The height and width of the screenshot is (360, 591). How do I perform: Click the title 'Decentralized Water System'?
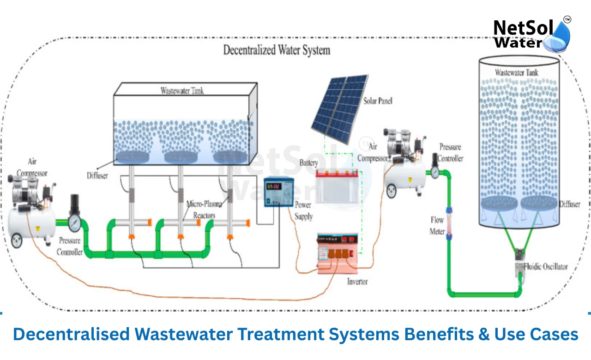(x=277, y=50)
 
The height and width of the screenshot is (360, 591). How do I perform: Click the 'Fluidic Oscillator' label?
(x=545, y=266)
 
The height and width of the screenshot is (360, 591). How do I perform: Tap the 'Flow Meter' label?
(x=437, y=226)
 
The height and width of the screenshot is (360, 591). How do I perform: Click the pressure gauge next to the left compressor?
(x=74, y=223)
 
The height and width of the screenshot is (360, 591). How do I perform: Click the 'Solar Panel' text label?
(x=378, y=100)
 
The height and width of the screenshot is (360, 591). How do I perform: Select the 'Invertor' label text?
(x=357, y=282)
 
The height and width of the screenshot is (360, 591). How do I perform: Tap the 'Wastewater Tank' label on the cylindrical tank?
(x=516, y=72)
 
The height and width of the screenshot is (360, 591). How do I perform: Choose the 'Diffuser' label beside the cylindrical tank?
(x=570, y=204)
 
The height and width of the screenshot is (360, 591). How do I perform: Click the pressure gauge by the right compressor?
(x=435, y=171)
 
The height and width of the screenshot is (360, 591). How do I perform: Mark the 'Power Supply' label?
(x=303, y=211)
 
